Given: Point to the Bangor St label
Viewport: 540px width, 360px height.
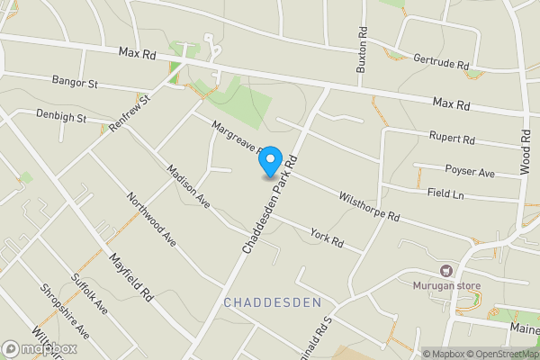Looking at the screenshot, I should [74, 83].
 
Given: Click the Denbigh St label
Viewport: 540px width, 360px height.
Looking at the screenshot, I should [61, 116].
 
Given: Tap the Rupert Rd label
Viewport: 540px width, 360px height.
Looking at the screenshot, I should [453, 139].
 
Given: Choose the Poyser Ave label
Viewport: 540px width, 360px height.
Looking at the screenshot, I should [471, 171].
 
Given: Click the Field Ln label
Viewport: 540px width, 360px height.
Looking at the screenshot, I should [445, 193].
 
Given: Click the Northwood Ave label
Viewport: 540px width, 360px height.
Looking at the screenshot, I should [151, 219].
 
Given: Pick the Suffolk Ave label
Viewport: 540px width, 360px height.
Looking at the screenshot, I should [89, 294].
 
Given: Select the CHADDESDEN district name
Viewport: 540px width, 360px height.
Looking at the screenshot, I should [271, 301].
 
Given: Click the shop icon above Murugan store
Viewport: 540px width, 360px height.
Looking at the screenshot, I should [445, 270].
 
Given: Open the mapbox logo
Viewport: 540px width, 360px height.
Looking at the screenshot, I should [40, 348].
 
